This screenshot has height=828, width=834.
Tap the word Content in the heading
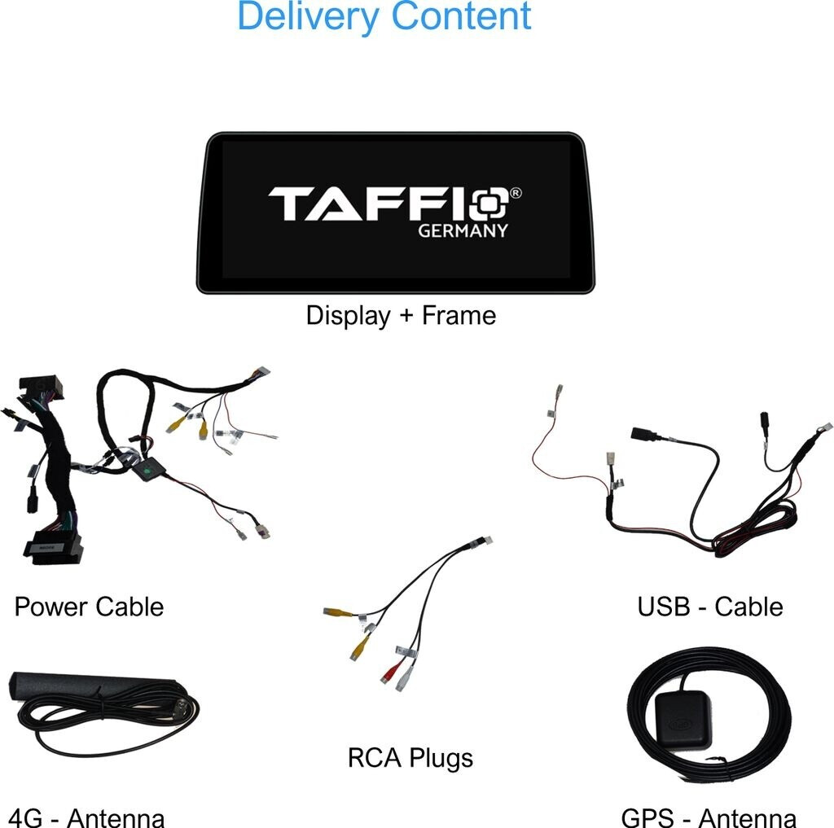(461, 16)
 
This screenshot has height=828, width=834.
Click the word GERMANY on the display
(463, 230)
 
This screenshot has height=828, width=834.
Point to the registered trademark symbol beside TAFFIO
(516, 194)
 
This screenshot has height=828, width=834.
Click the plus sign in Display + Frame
(406, 316)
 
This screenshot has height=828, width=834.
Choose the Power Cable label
(89, 607)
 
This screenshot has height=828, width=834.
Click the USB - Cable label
(710, 607)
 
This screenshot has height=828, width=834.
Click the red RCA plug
(389, 672)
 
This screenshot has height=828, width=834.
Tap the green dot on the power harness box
(147, 471)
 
